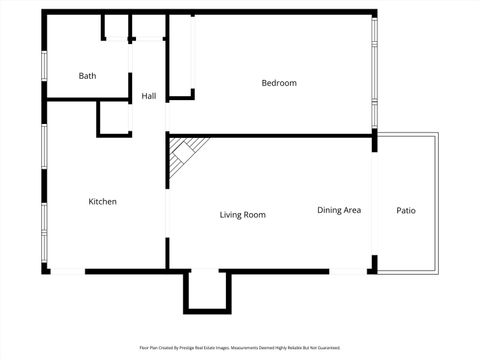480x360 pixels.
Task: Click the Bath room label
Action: (88, 76)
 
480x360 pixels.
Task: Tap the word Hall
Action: (149, 96)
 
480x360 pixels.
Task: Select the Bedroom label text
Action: (279, 83)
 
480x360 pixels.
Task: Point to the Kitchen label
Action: (103, 201)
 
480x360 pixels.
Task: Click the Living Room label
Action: (243, 214)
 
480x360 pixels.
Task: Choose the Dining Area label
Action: (339, 210)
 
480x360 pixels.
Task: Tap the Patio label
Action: (406, 210)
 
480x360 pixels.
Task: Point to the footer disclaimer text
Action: (240, 348)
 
